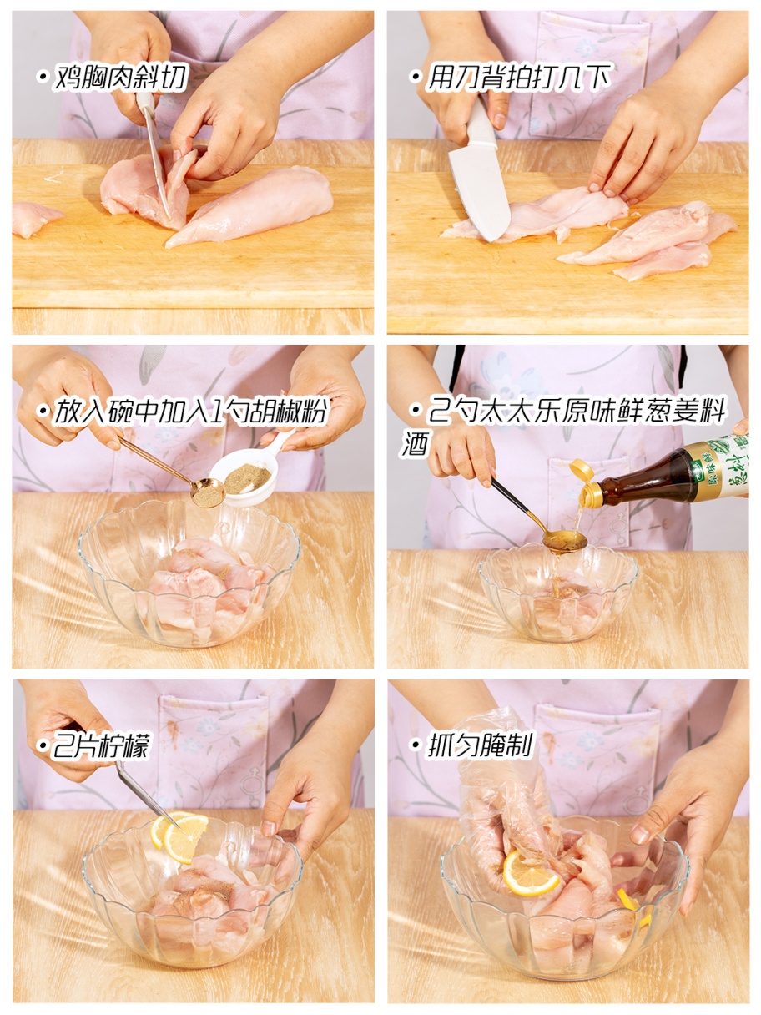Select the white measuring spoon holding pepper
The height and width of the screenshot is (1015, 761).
[x=250, y=468]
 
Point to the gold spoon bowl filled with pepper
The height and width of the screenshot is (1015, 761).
[x=208, y=492]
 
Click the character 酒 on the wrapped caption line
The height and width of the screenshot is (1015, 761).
[x=416, y=442]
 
